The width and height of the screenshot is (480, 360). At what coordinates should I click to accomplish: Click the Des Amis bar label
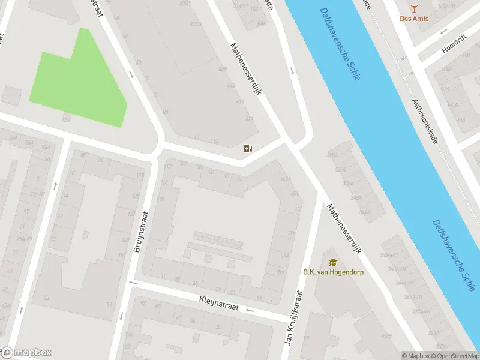413,18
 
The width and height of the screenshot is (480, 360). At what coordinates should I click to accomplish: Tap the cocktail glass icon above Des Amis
413,7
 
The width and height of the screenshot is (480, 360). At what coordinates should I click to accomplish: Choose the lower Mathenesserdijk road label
344,229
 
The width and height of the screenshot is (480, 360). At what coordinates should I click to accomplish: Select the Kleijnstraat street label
219,303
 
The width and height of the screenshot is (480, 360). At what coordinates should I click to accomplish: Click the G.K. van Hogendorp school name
332,272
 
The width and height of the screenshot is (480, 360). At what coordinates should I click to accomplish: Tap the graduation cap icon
332,262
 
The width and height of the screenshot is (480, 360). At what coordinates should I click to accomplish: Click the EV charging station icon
248,148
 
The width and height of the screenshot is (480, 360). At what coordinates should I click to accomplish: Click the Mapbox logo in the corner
27,353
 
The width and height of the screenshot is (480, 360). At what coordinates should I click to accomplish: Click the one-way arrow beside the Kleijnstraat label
250,310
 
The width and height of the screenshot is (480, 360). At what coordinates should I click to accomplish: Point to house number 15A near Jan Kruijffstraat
280,272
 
